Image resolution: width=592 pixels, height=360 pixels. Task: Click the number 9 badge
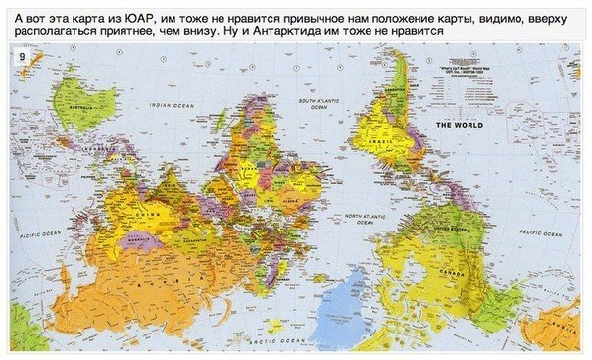[21, 58]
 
